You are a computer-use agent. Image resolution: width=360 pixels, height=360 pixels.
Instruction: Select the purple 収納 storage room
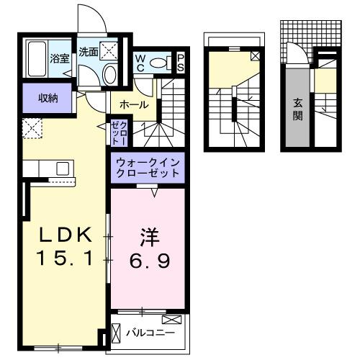48,98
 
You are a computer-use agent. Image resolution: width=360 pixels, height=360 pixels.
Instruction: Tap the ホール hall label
134,105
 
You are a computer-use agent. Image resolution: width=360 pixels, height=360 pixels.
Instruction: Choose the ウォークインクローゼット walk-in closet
148,168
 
